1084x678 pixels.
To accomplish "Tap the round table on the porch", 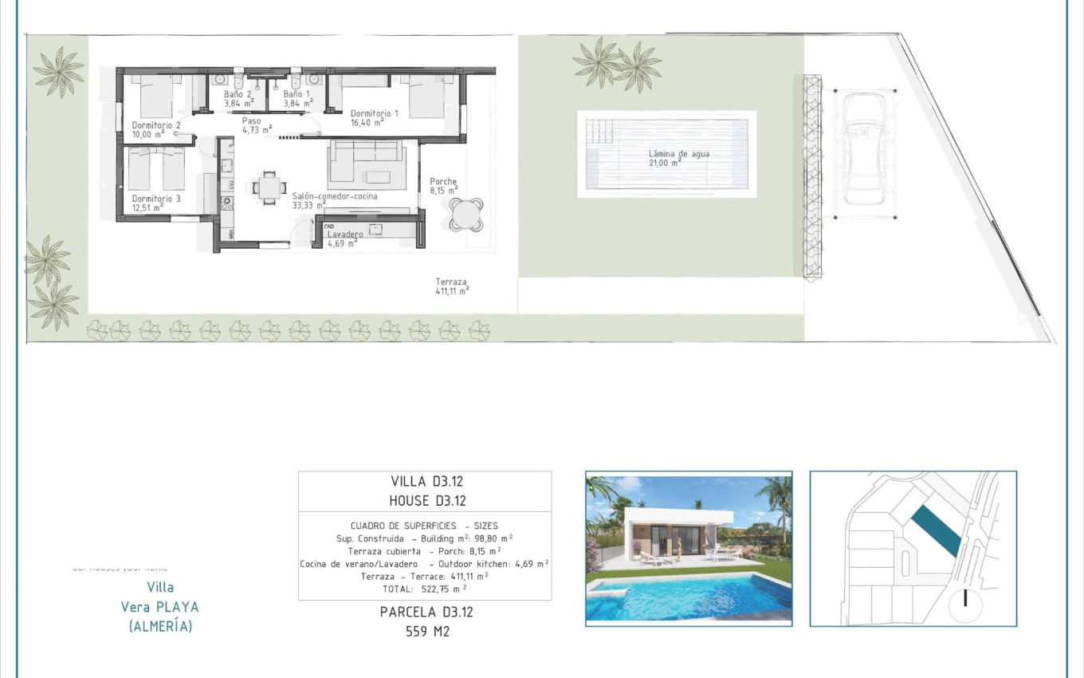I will pyautogui.click(x=465, y=213).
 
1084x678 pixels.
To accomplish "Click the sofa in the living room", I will pyautogui.click(x=371, y=164).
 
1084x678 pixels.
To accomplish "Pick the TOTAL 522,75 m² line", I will pyautogui.click(x=424, y=589).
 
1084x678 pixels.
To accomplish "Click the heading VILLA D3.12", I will pyautogui.click(x=426, y=481).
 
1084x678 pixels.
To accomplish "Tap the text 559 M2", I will pyautogui.click(x=426, y=632).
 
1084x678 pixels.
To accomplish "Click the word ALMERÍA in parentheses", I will pyautogui.click(x=160, y=626).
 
